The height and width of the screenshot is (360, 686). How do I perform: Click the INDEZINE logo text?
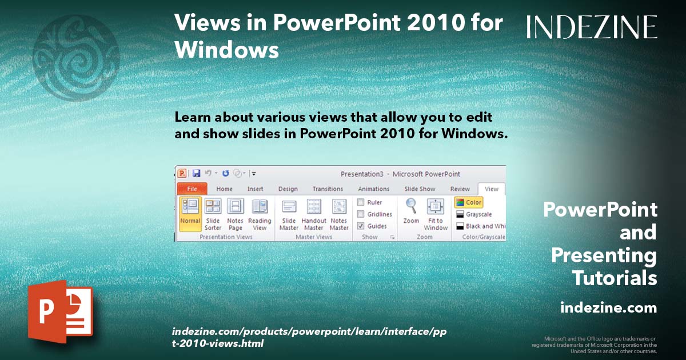click(592, 27)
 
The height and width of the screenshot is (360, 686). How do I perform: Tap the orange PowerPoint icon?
click(60, 311)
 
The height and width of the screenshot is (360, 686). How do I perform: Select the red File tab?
click(192, 189)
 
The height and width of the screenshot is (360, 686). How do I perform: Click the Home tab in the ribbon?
click(224, 189)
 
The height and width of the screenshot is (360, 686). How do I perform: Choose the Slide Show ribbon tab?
click(420, 189)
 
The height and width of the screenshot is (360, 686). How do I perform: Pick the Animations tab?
click(373, 189)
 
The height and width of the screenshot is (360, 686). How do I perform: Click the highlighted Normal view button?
click(190, 213)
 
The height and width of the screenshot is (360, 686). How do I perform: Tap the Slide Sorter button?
click(213, 213)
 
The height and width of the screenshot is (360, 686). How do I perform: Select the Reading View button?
click(260, 213)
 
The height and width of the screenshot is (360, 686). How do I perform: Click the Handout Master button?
click(314, 213)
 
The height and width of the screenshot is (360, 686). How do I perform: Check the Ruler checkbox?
click(361, 202)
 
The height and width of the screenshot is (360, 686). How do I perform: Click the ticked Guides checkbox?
click(361, 226)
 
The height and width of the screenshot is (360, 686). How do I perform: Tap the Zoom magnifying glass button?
click(411, 211)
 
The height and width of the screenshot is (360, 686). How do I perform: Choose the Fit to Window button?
click(436, 213)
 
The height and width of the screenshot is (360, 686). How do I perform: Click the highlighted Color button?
click(469, 202)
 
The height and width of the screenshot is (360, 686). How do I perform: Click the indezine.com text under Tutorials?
click(608, 308)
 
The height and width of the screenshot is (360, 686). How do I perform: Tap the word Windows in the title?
click(226, 50)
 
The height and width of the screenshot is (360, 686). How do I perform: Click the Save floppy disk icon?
click(196, 173)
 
